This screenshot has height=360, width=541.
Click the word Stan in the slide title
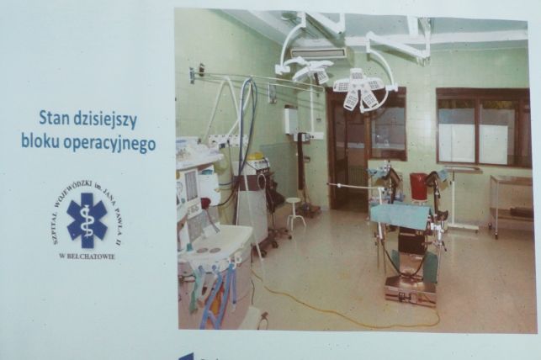coord(53,119)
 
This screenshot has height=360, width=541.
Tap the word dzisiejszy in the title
coord(105,120)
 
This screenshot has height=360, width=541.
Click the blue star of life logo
coord(87,220)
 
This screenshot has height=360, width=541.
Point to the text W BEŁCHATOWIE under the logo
coord(88,257)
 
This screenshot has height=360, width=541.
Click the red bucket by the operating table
coord(419,186)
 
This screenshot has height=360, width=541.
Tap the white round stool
coord(296,212)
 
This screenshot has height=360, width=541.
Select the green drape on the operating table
coord(400,214)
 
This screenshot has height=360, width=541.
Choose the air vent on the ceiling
coord(318,53)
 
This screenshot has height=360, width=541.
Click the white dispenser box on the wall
coord(291,119)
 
